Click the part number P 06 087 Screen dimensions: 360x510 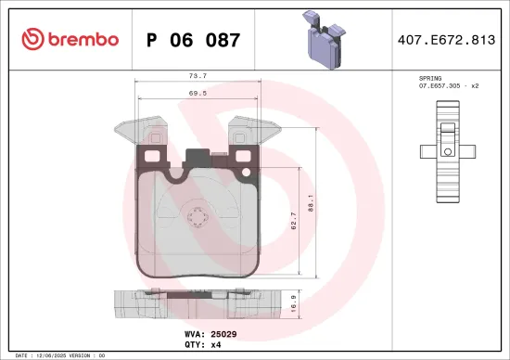194,40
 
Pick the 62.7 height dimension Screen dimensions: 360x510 293,221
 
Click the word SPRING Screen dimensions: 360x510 429,80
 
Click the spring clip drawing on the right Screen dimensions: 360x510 448,150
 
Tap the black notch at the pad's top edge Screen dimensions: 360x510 197,157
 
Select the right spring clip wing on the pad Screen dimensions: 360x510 252,130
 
